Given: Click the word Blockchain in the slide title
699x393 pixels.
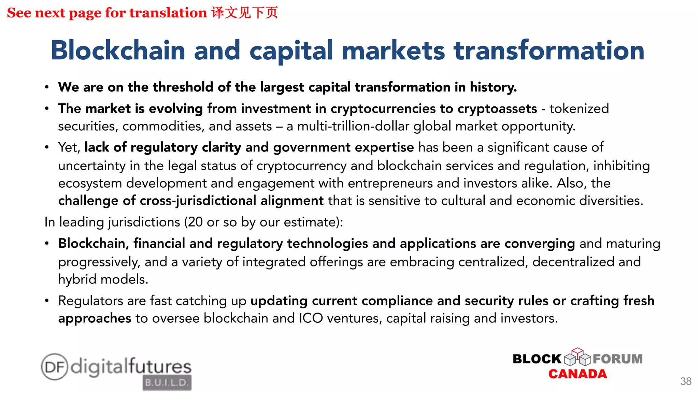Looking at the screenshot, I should click(118, 50).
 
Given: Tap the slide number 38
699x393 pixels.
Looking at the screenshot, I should click(686, 381).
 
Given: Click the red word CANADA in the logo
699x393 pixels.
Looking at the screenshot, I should click(577, 374).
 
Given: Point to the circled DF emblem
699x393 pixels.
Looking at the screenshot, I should click(54, 367).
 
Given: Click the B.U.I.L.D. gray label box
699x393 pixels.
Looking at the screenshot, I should click(167, 382).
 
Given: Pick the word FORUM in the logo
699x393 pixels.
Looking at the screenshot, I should click(617, 359).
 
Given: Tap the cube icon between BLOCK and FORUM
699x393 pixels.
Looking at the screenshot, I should click(577, 356).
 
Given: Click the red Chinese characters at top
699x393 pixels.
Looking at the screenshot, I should click(244, 13).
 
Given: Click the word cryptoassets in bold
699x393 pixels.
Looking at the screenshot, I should click(497, 108).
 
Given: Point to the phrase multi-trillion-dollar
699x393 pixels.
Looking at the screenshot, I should click(353, 126).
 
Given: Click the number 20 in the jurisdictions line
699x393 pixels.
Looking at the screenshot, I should click(195, 222).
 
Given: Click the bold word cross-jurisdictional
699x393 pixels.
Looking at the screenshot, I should click(198, 201).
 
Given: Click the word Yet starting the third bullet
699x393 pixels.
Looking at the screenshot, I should click(69, 147).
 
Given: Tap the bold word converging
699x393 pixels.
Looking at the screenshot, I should click(540, 244).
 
